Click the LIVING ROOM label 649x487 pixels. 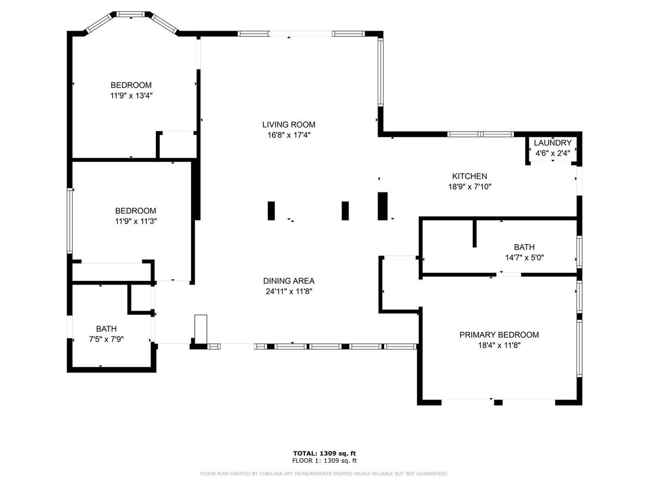[x=289, y=125]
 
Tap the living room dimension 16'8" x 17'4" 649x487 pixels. [x=289, y=135]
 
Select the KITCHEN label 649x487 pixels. [x=469, y=176]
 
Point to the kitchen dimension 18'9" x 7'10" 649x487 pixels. [x=469, y=186]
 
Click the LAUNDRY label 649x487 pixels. [x=552, y=143]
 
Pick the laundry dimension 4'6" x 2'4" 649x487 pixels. [x=552, y=153]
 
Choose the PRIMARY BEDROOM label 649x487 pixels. [x=499, y=335]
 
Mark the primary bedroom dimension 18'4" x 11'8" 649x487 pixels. [x=499, y=345]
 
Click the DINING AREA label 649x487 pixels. [x=289, y=281]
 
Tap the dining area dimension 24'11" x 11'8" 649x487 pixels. [x=289, y=291]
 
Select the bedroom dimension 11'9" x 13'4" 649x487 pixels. [x=131, y=95]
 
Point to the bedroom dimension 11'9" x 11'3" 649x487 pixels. [x=135, y=221]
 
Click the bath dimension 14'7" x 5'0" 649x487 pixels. [x=524, y=257]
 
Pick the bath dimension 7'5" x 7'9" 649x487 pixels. [x=106, y=339]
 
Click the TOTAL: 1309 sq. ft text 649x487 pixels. [x=324, y=453]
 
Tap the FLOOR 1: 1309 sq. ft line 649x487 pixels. [x=324, y=460]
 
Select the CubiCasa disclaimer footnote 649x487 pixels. [x=324, y=473]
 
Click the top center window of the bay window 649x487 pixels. [x=131, y=13]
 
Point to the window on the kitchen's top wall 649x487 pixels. [x=480, y=134]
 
